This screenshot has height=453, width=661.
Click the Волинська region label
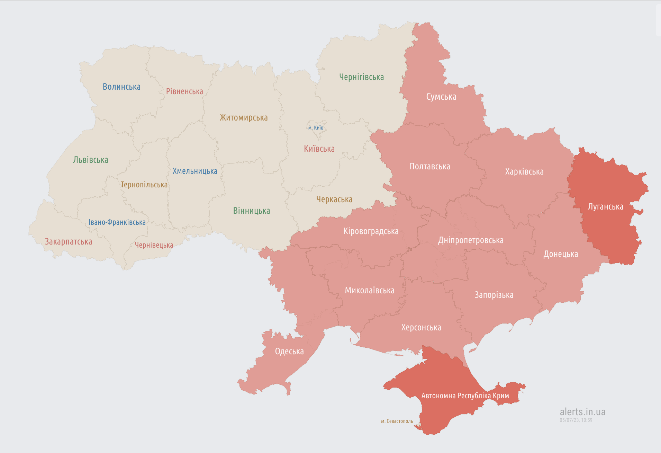[x=121, y=87]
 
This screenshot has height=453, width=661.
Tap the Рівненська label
[x=184, y=91]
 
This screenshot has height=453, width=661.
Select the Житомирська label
[x=244, y=117]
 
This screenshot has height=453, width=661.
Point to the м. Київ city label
[x=316, y=128]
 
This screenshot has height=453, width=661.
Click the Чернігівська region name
[x=361, y=77]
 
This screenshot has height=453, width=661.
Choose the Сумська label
[x=441, y=97]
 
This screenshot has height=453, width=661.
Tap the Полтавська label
[x=430, y=167]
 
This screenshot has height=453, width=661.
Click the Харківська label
[x=524, y=171]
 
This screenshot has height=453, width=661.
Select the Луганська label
[x=605, y=207]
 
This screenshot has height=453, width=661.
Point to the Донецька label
[x=561, y=254]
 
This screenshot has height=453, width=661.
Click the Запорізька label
[x=494, y=295]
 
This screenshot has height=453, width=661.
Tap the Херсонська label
[x=421, y=327]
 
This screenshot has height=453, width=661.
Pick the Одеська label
[x=289, y=351]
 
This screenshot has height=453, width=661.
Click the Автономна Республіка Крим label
[x=465, y=396]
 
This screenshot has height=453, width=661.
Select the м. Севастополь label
[x=397, y=421]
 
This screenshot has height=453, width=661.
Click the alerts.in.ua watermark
[x=582, y=412]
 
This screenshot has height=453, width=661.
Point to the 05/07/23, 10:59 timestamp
[x=576, y=420]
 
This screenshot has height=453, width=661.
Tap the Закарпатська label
[x=69, y=241]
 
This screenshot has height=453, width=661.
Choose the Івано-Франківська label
[x=117, y=222]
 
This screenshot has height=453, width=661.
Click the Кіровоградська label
[x=371, y=231]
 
